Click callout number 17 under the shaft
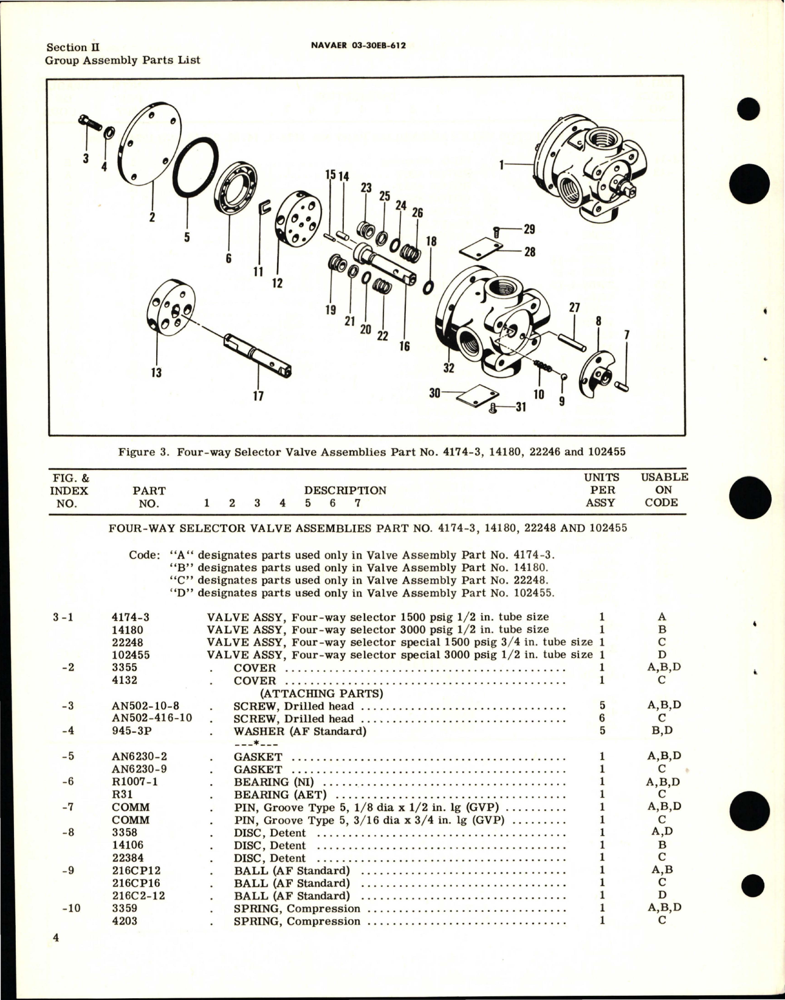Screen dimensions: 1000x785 click(258, 396)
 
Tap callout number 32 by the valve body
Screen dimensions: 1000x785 click(448, 367)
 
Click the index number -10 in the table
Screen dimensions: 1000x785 click(72, 908)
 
